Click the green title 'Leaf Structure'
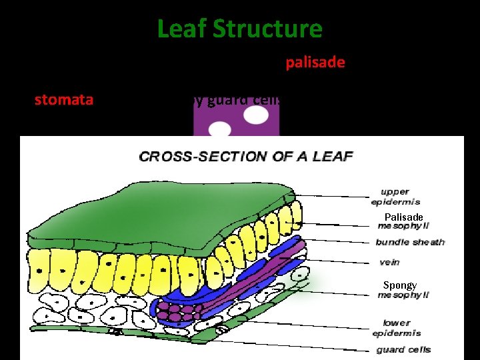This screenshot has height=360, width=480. click(239, 29)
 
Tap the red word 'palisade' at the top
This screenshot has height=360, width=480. click(315, 62)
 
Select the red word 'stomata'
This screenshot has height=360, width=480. click(64, 101)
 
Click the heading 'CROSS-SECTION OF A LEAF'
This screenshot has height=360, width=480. click(245, 157)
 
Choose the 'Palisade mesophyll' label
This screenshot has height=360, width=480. click(403, 221)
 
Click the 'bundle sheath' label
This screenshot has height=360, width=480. click(409, 242)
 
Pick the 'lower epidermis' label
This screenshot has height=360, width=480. click(398, 327)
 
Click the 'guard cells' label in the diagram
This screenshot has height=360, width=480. click(403, 349)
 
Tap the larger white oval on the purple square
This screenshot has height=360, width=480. click(256, 115)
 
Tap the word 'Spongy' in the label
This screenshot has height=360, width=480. click(400, 285)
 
